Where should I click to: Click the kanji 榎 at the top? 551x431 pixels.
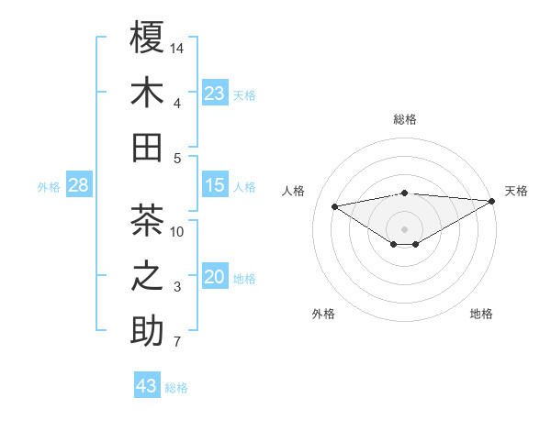147,38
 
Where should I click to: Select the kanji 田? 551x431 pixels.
147,147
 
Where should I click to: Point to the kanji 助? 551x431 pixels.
147,331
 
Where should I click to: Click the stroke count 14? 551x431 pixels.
178,47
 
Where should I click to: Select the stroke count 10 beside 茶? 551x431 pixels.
178,231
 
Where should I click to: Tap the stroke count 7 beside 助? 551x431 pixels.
178,343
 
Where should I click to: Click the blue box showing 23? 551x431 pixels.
215,93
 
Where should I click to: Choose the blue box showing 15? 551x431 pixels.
215,185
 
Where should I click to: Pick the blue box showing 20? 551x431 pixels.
215,277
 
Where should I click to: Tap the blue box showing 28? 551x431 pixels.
79,185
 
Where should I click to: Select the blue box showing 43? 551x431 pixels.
147,386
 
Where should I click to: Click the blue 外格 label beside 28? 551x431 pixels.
49,187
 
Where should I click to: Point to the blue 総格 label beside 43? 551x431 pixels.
176,388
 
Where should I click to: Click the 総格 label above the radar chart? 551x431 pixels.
404,119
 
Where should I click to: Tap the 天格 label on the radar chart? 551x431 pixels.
516,191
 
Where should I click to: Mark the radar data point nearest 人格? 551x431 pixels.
334,205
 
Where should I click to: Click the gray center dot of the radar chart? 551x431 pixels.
404,227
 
